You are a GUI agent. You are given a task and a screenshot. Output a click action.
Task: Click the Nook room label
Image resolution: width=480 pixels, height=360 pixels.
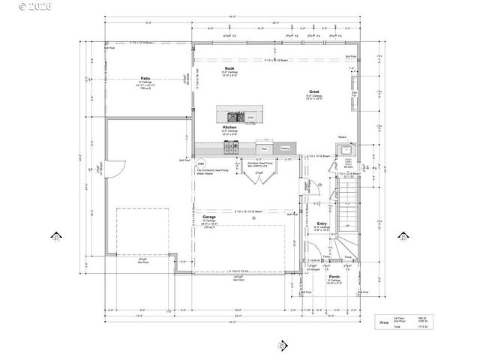pos(229,68)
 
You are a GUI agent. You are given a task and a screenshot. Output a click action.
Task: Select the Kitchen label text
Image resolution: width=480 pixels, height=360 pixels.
pos(229,128)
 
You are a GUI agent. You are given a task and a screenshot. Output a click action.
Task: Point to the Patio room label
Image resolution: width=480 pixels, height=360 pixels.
pos(145,78)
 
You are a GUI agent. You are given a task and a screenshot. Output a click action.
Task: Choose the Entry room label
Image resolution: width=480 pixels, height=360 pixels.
pos(322,223)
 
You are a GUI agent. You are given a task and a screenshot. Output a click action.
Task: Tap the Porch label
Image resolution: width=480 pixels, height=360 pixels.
pos(334,277)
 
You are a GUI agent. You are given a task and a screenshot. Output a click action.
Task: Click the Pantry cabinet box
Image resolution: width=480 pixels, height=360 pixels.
pos(285,148)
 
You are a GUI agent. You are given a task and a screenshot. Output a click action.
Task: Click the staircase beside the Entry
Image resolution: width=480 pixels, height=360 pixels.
pos(346,210)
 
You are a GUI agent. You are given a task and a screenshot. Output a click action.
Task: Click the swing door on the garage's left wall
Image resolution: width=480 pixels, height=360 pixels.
pos(109,169)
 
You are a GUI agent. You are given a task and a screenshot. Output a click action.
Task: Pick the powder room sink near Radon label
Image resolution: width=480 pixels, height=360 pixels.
pos(346,151)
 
